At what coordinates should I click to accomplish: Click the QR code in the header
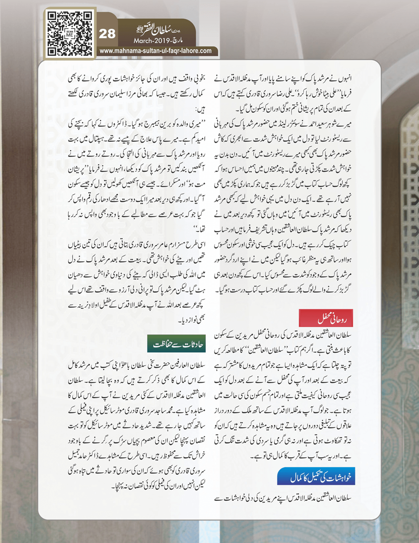tap(70, 34)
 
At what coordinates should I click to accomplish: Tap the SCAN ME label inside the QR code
tap(70, 34)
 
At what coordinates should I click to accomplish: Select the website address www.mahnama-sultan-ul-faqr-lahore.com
tap(156, 51)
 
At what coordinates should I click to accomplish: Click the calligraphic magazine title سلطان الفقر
tap(157, 30)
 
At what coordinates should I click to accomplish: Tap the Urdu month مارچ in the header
tap(178, 41)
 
